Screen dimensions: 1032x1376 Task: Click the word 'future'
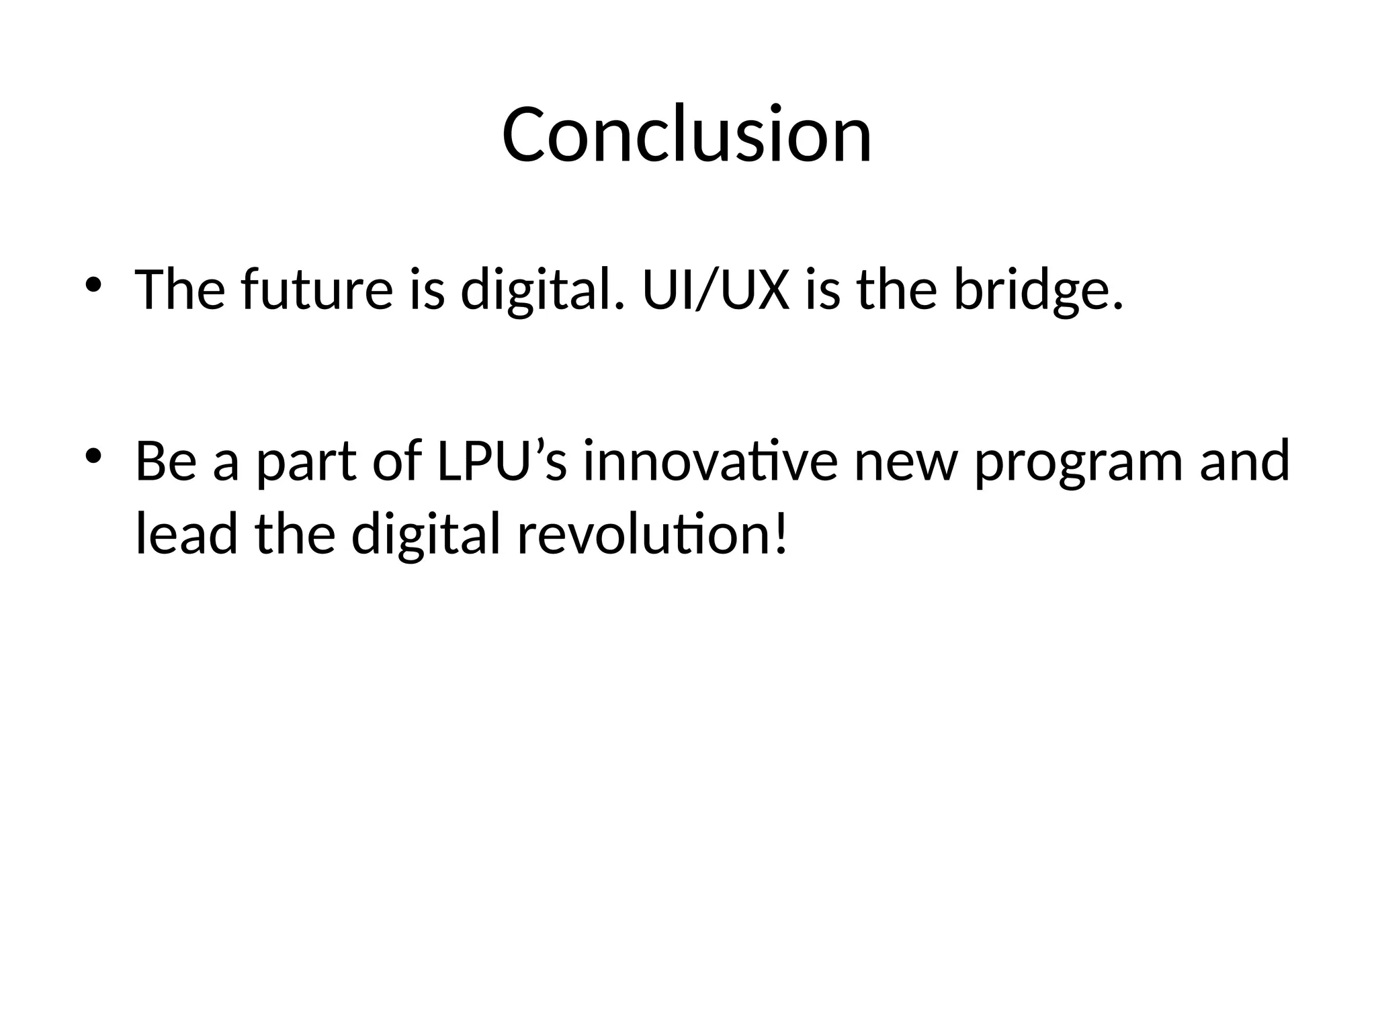[316, 290]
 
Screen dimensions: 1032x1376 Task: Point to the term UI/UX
[716, 290]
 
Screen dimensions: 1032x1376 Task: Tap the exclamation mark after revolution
[780, 533]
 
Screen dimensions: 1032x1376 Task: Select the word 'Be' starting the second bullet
[167, 461]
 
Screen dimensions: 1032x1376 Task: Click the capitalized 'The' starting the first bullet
[180, 290]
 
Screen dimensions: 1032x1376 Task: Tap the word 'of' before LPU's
[397, 461]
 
